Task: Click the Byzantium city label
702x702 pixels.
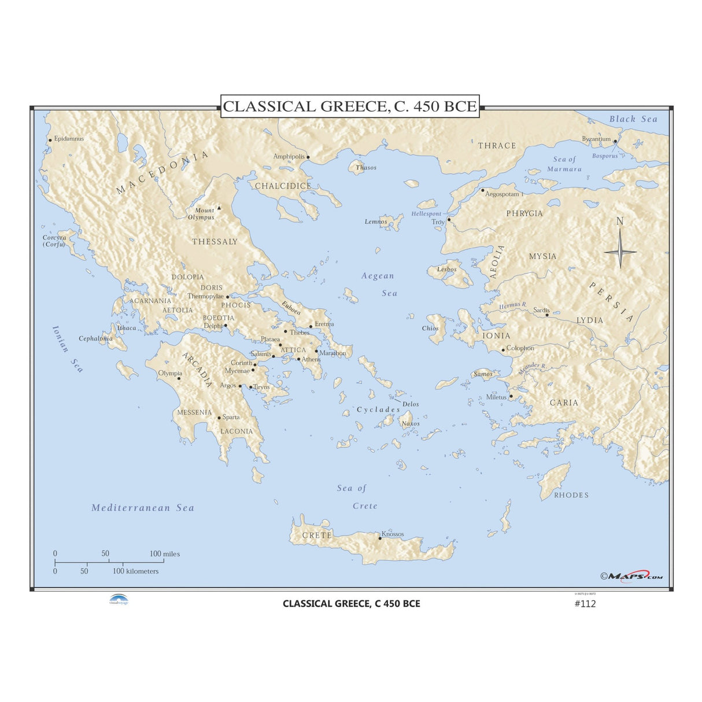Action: (x=596, y=139)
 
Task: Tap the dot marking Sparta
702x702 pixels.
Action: (x=219, y=417)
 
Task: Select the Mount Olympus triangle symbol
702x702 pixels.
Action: (x=219, y=206)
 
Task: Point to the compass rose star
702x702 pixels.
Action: (x=620, y=252)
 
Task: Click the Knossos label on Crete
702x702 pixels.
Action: (x=393, y=534)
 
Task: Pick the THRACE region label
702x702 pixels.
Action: (x=497, y=146)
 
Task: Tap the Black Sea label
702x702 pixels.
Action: (x=633, y=119)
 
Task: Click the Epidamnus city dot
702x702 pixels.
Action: (x=50, y=140)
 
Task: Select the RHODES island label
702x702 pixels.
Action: (x=571, y=495)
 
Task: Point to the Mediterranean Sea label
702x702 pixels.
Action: (x=143, y=508)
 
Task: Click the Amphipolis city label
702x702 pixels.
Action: (x=289, y=157)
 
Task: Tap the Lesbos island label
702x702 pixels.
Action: (x=447, y=269)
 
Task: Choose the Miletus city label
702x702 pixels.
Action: (x=496, y=397)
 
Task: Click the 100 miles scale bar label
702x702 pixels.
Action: (x=165, y=554)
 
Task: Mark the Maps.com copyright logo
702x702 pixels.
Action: (x=631, y=575)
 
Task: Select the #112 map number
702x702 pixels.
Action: (x=585, y=604)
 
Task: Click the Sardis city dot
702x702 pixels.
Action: (x=547, y=315)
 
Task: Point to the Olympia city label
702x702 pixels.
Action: (x=170, y=374)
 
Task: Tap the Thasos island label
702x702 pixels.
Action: (x=366, y=168)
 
